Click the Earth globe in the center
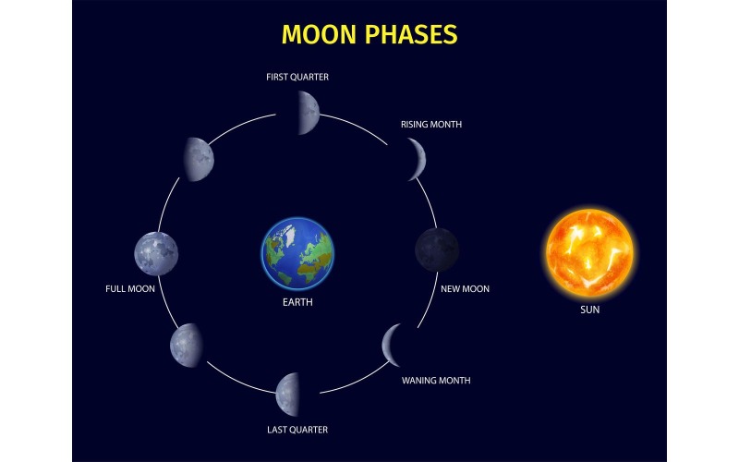tap(297, 252)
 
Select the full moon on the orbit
tap(156, 252)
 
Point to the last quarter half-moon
tap(288, 394)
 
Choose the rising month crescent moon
tap(418, 159)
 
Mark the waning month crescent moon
tap(392, 345)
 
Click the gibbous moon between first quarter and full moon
tap(199, 159)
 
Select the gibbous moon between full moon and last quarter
tap(186, 346)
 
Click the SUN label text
tap(589, 310)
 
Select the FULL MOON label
tap(129, 289)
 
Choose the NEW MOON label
tap(465, 289)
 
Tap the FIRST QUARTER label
tap(297, 78)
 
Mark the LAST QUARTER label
tap(297, 430)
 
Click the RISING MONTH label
tap(431, 124)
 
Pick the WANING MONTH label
tap(436, 381)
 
